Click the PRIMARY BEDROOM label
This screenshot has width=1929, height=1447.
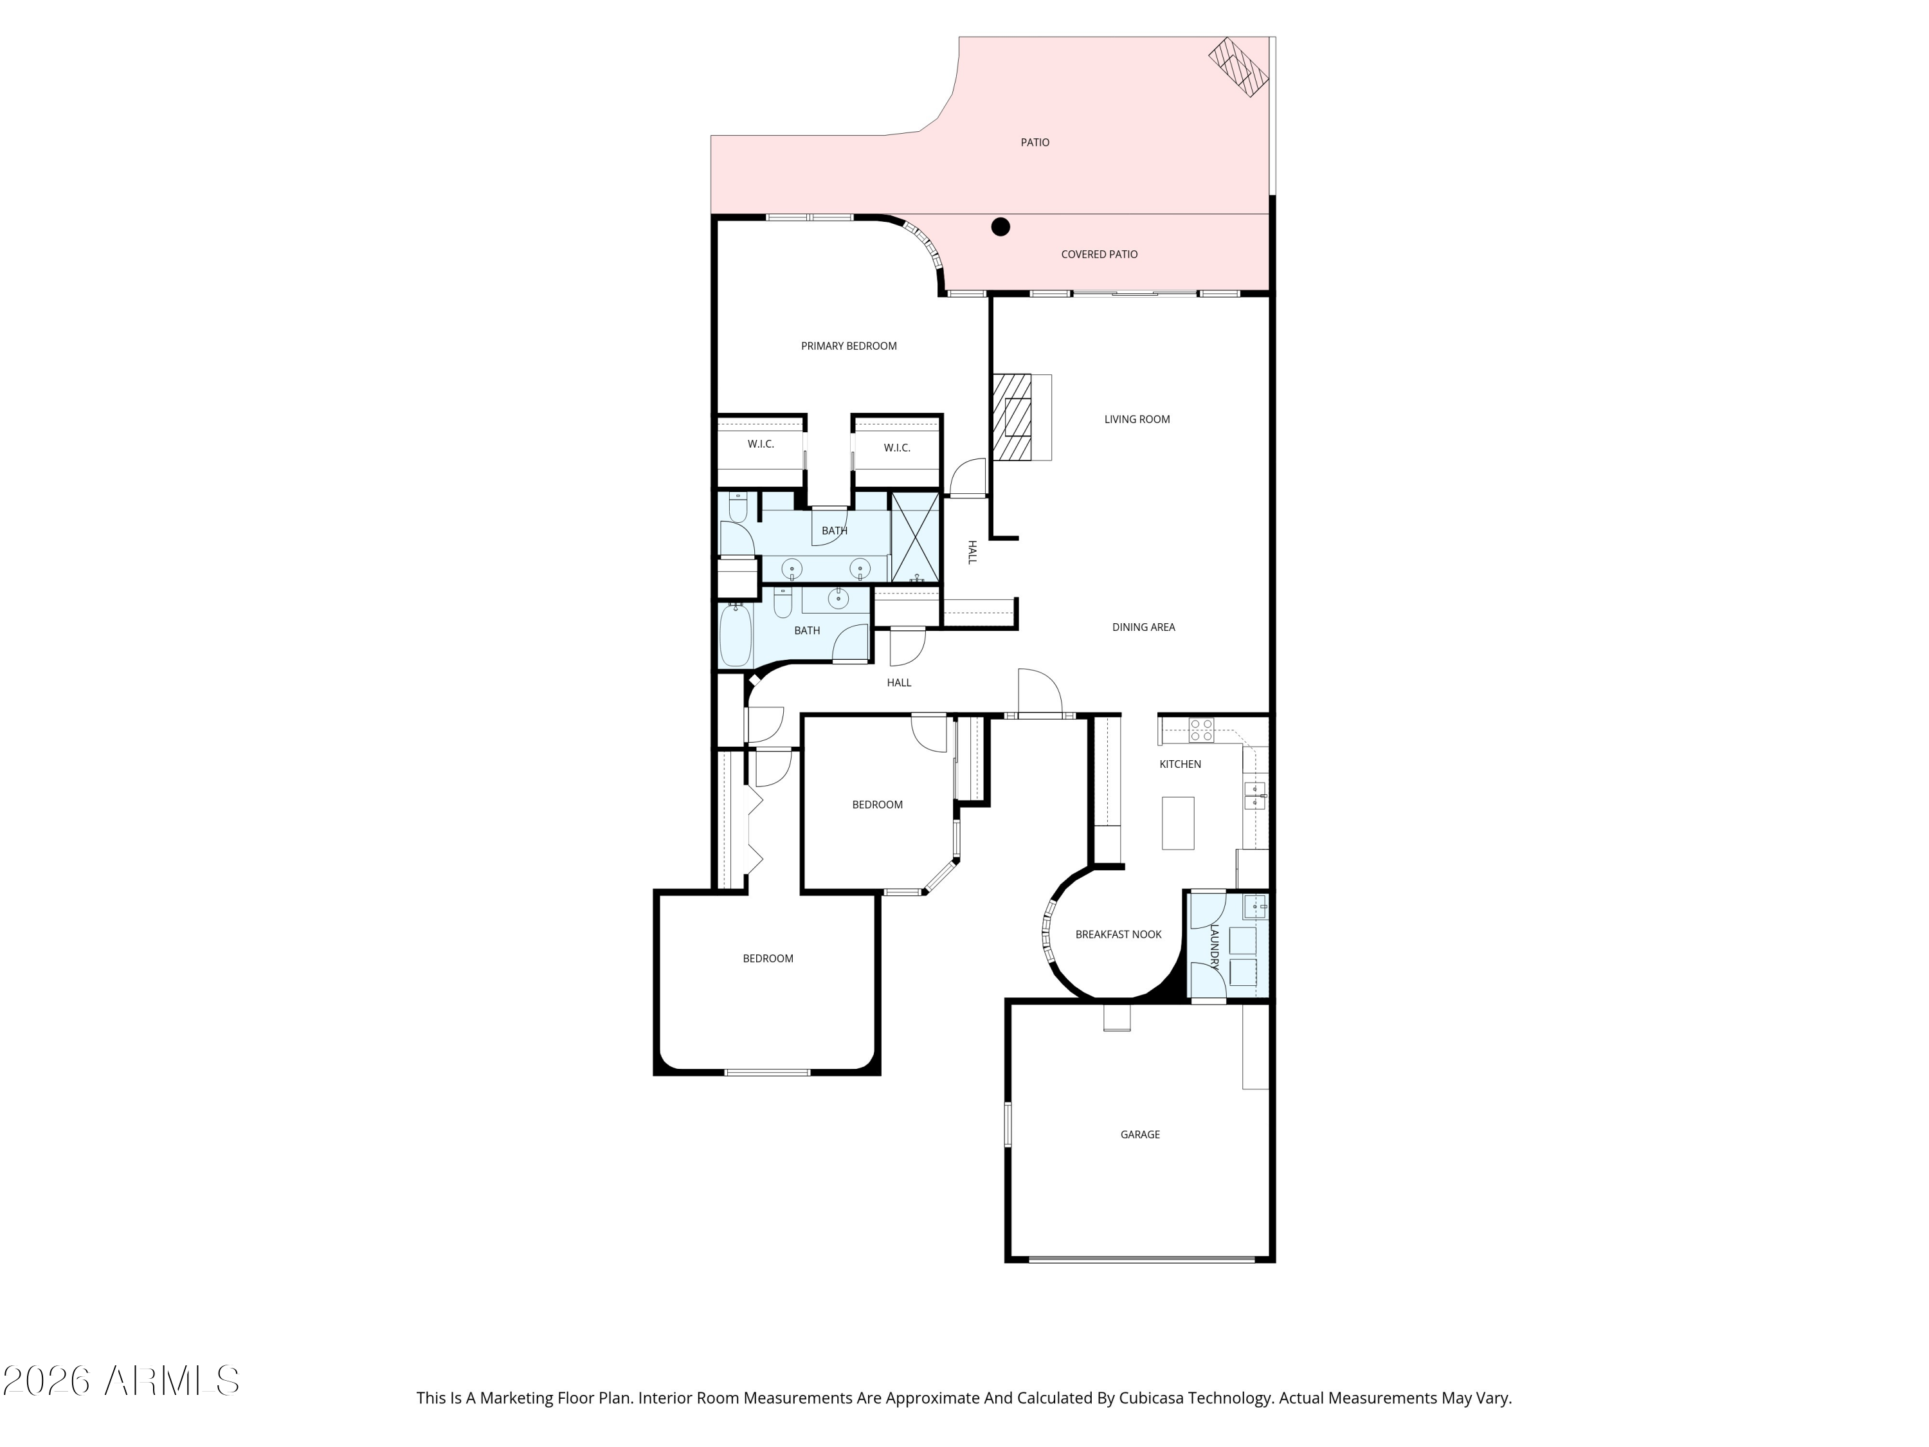click(x=849, y=346)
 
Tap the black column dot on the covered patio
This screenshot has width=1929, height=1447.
click(x=1001, y=227)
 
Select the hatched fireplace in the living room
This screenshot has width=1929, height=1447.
click(x=1013, y=417)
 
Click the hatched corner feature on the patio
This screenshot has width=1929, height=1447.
click(x=1238, y=66)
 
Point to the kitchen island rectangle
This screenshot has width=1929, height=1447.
click(x=1177, y=823)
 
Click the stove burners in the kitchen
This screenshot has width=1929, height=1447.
click(x=1201, y=730)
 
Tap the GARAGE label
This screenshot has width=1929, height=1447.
click(x=1140, y=1134)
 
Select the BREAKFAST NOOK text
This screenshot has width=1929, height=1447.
click(x=1118, y=934)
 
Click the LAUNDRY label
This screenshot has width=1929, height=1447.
click(x=1214, y=947)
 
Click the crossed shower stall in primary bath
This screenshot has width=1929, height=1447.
click(x=915, y=537)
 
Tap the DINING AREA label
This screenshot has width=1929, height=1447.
click(x=1143, y=627)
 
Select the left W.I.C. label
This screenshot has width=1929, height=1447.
click(x=761, y=444)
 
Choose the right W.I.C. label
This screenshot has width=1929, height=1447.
click(x=896, y=448)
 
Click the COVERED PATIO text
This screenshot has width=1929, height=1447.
click(x=1099, y=255)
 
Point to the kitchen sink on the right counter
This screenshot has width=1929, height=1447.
click(x=1254, y=796)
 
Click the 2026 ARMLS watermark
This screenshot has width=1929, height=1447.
click(x=122, y=1381)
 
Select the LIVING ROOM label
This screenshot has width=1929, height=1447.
click(x=1136, y=419)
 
